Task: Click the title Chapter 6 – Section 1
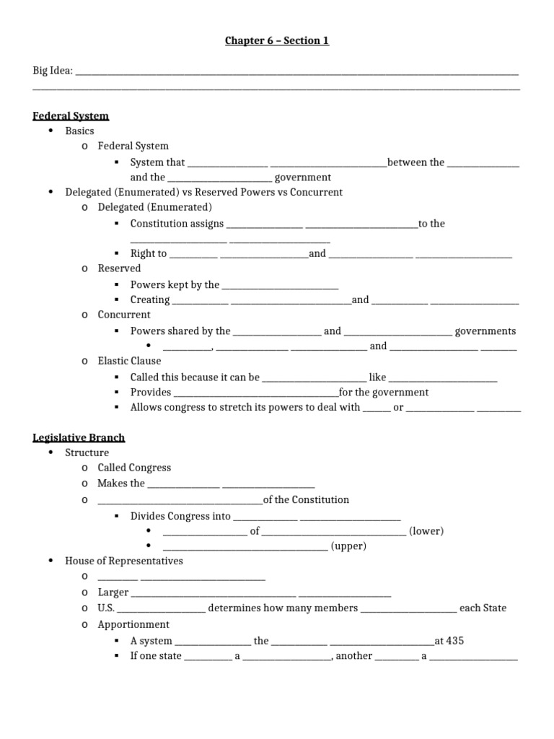pyautogui.click(x=277, y=41)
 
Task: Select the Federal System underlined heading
pyautogui.click(x=71, y=115)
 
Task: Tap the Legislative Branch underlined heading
pyautogui.click(x=79, y=437)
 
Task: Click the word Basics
pyautogui.click(x=79, y=131)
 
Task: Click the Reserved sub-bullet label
pyautogui.click(x=119, y=268)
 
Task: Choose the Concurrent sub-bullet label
pyautogui.click(x=124, y=315)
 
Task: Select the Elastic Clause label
pyautogui.click(x=129, y=361)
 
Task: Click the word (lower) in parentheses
pyautogui.click(x=426, y=531)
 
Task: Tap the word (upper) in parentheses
pyautogui.click(x=348, y=546)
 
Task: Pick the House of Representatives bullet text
pyautogui.click(x=124, y=561)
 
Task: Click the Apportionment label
pyautogui.click(x=133, y=624)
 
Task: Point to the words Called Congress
pyautogui.click(x=134, y=468)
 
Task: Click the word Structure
pyautogui.click(x=87, y=452)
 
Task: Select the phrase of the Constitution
pyautogui.click(x=306, y=499)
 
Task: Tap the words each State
pyautogui.click(x=483, y=608)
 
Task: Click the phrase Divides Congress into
pyautogui.click(x=180, y=516)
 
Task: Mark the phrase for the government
pyautogui.click(x=384, y=393)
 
